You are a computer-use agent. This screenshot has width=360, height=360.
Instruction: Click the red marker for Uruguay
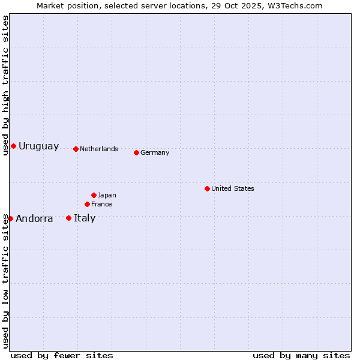click(13, 146)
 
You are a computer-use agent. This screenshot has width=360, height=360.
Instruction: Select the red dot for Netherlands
click(76, 149)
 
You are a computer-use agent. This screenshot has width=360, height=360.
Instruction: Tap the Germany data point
click(136, 152)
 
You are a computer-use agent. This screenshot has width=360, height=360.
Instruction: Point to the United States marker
click(207, 188)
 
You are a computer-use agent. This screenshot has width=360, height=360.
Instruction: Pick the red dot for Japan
click(94, 195)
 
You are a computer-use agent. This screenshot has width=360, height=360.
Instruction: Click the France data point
click(87, 204)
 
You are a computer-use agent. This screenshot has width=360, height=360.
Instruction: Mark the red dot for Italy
click(68, 218)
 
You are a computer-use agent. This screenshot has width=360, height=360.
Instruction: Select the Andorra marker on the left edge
click(10, 218)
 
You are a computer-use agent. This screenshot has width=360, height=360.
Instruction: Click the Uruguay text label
click(39, 146)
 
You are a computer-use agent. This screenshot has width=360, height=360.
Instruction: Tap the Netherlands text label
click(99, 149)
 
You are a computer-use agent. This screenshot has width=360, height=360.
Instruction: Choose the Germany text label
click(155, 152)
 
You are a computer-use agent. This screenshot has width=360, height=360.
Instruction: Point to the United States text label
click(233, 188)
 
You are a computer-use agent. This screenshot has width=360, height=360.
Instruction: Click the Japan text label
click(107, 195)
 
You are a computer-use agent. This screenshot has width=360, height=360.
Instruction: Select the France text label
click(101, 204)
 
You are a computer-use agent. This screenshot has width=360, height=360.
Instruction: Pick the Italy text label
click(85, 218)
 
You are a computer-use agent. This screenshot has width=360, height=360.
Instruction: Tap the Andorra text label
click(34, 219)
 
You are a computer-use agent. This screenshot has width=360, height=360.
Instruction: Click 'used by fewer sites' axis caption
click(62, 355)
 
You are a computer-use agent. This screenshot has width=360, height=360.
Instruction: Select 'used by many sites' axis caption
click(301, 355)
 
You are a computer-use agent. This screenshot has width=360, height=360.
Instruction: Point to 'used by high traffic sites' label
click(5, 85)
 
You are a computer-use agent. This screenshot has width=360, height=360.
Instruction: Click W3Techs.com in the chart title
click(295, 5)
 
